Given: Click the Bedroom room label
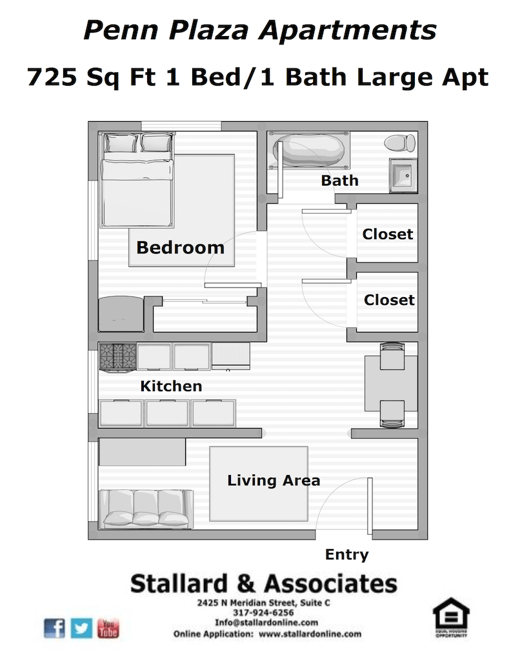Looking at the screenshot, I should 180,247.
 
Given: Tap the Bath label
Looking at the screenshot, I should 339,180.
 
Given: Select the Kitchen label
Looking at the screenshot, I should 171,387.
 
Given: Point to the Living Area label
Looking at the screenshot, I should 274,481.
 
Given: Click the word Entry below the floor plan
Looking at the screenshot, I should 346,554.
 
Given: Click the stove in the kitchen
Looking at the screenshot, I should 117,356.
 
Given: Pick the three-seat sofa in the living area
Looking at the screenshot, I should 145,508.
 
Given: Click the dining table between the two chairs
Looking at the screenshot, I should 392,385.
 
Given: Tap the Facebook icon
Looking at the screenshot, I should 55,628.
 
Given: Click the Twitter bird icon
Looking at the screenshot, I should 82,628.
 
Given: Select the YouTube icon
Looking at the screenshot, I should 108,628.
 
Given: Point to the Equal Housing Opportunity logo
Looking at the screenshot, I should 451,617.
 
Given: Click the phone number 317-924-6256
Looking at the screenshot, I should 263,613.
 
